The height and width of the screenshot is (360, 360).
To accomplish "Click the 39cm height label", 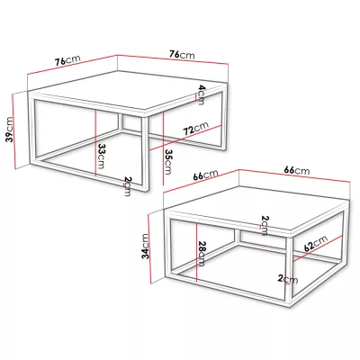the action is coord(10,130).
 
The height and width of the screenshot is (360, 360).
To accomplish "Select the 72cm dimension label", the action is coord(196,129).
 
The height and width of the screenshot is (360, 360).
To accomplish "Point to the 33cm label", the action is coord(100,156).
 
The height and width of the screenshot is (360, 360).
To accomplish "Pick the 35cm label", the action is coord(168,162).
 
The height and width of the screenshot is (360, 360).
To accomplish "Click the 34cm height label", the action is coord(146,247).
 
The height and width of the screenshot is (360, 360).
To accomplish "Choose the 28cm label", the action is coord(202,254).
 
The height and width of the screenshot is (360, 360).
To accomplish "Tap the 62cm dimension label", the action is coord(316,243).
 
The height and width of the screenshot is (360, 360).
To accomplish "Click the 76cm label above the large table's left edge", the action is coord(67,60).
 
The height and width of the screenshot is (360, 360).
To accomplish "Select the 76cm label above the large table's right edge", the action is coord(182,54).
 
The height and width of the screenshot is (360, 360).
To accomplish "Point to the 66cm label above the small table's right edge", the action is coord(297,170).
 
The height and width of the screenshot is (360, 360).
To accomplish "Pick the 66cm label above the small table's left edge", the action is coord(205,175).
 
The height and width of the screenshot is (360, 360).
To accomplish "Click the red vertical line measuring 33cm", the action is coord(95,143).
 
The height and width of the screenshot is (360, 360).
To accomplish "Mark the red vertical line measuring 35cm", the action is coord(163,148).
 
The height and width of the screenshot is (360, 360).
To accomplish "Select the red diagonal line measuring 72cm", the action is coord(185,138).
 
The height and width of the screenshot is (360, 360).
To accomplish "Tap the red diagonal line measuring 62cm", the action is coord(318,248).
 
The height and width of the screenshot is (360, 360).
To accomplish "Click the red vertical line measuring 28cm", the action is coord(196,251).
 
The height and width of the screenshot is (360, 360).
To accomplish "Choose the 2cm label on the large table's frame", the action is coord(128,186).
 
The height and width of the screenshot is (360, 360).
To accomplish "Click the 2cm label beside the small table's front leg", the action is coord(287,279).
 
